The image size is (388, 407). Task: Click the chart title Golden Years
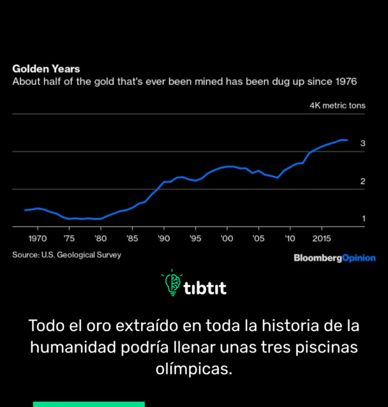(x=46, y=68)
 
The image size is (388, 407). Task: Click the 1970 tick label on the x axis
(x=38, y=238)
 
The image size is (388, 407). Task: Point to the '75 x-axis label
(x=69, y=238)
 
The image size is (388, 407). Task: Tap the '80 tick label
(x=100, y=238)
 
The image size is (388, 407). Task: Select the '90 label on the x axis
(x=163, y=238)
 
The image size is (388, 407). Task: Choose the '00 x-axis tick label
(x=226, y=238)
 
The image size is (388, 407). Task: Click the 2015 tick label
(x=321, y=238)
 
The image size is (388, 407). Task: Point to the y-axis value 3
(x=362, y=144)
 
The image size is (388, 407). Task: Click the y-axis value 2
(x=362, y=181)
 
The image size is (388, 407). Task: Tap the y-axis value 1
(x=363, y=219)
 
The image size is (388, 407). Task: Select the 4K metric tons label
(x=337, y=105)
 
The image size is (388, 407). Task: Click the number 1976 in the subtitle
(x=344, y=82)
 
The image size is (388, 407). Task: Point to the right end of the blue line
(x=347, y=140)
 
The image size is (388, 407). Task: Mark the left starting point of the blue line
(x=25, y=210)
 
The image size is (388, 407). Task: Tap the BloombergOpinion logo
(x=334, y=258)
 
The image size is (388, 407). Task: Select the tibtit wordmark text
(x=205, y=288)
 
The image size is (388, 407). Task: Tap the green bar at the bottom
(x=89, y=404)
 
